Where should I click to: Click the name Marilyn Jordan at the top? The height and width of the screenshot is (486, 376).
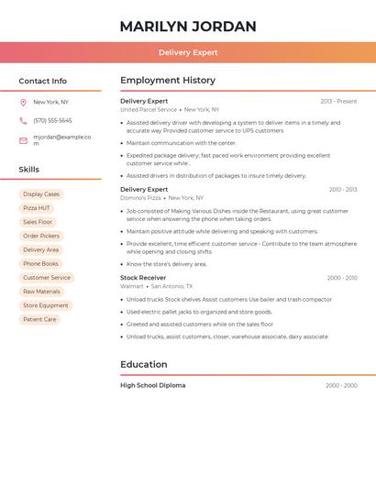click(x=188, y=27)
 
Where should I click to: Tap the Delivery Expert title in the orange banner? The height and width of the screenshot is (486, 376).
click(x=188, y=53)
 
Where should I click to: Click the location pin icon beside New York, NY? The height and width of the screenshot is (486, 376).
click(x=23, y=103)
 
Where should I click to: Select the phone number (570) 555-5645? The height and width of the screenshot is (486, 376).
click(x=52, y=120)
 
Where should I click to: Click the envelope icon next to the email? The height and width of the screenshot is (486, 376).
click(x=23, y=140)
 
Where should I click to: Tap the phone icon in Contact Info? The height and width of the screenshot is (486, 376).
click(x=23, y=120)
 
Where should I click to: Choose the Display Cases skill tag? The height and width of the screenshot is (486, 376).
click(x=41, y=194)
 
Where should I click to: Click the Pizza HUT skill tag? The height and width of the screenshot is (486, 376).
click(x=37, y=208)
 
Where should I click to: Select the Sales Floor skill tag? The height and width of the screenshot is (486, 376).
click(x=38, y=222)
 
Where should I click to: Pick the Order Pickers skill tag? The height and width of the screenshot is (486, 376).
click(x=41, y=236)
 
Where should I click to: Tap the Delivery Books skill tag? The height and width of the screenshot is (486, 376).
click(x=40, y=264)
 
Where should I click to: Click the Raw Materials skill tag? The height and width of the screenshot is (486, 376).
click(x=41, y=292)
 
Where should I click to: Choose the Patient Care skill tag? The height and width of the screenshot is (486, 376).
click(x=39, y=319)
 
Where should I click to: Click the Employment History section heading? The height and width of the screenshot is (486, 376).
click(x=168, y=81)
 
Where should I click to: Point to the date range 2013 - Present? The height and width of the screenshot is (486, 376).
click(x=338, y=101)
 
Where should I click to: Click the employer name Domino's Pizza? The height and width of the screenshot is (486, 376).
click(x=140, y=198)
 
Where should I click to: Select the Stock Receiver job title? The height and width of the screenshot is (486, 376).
click(x=143, y=277)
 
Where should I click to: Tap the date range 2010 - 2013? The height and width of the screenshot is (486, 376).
click(x=343, y=190)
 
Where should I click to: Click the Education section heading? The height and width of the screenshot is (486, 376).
click(x=144, y=365)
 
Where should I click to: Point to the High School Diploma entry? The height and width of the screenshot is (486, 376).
click(x=152, y=385)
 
